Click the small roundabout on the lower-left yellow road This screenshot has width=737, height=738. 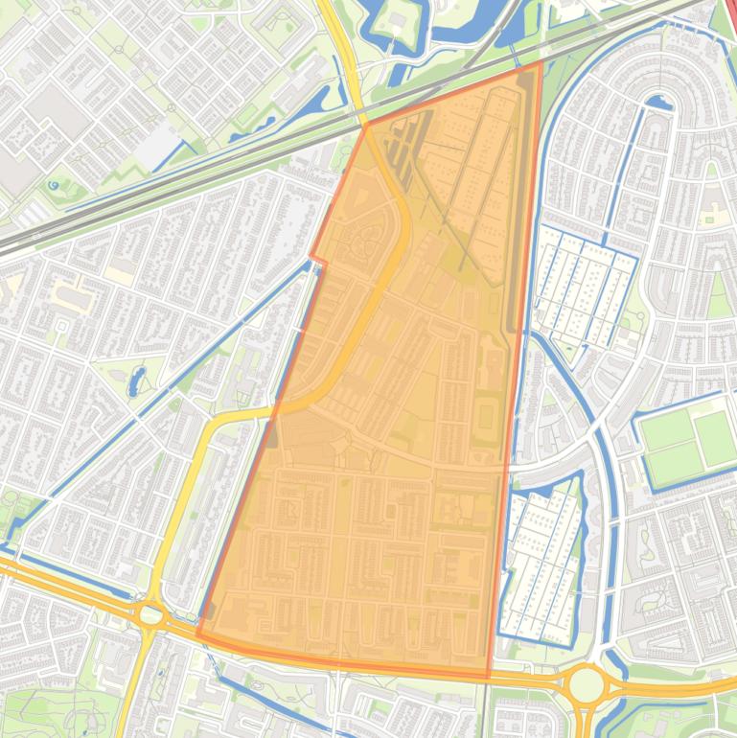[150, 614]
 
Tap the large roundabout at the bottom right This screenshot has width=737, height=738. [586, 685]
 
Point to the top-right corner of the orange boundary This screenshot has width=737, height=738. [541, 64]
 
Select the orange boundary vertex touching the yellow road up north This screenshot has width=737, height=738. [366, 125]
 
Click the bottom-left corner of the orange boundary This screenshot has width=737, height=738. [198, 634]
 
